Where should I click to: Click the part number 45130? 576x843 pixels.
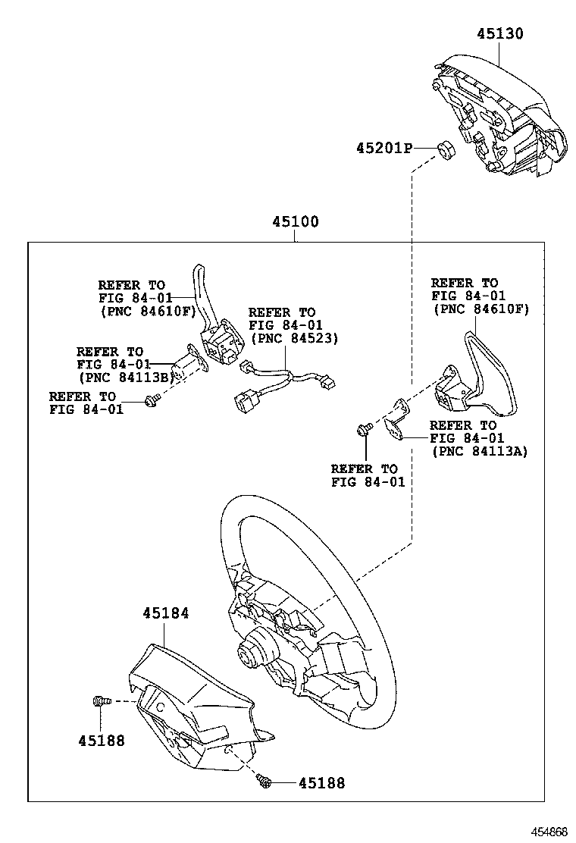tap(499, 34)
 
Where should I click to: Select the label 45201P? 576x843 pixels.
tap(383, 148)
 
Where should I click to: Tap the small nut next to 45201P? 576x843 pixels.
tap(446, 149)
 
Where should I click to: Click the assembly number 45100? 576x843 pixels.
tap(296, 223)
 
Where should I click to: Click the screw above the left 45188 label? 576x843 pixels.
tap(99, 702)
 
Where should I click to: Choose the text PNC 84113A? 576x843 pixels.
tap(479, 451)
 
